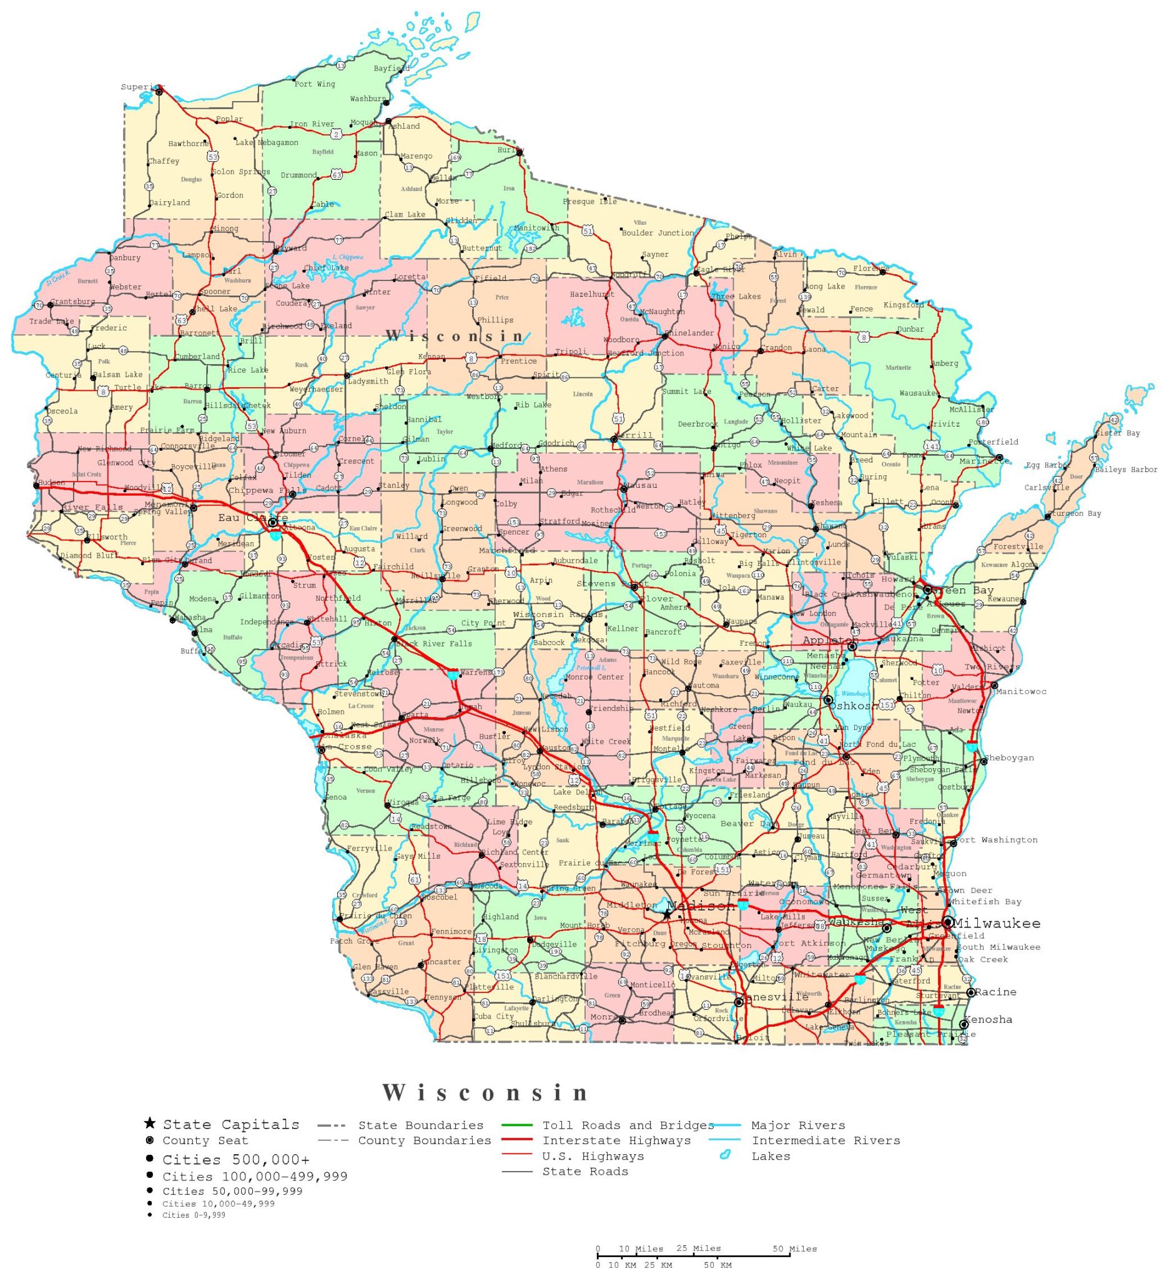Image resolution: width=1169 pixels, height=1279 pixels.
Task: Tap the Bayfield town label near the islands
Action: pyautogui.click(x=392, y=69)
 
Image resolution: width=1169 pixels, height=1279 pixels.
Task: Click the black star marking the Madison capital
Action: pyautogui.click(x=668, y=915)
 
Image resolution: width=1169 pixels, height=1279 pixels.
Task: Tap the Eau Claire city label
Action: pyautogui.click(x=252, y=518)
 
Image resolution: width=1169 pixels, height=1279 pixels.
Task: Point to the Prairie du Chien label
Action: pyautogui.click(x=375, y=916)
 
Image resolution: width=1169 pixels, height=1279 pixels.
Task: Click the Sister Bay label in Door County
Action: pyautogui.click(x=1117, y=433)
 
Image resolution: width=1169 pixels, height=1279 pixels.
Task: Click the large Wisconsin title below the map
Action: pyautogui.click(x=486, y=1093)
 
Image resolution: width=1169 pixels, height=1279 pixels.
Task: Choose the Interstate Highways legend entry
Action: pyautogui.click(x=616, y=1142)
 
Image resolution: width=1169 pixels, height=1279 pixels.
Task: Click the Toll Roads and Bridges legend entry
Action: pyautogui.click(x=628, y=1126)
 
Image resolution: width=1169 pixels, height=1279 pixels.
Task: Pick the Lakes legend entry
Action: pyautogui.click(x=771, y=1157)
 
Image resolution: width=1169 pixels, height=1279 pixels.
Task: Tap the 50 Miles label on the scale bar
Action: pyautogui.click(x=794, y=1249)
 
